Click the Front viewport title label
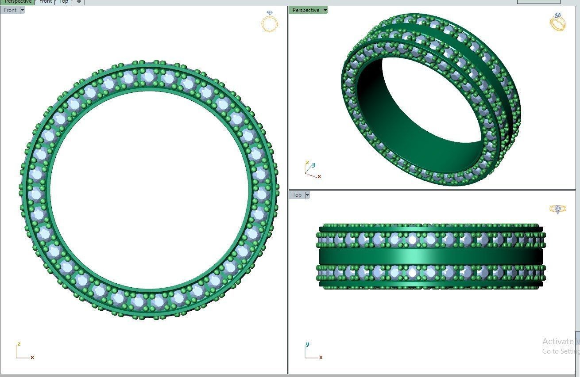[x=10, y=10]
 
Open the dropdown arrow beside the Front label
[x=22, y=10]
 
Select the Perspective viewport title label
[x=305, y=10]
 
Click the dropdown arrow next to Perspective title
[x=325, y=10]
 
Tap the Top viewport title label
[x=297, y=195]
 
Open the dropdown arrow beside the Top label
[x=307, y=195]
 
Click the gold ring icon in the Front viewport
[x=270, y=22]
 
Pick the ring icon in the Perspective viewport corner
[x=557, y=22]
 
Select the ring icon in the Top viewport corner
[x=557, y=209]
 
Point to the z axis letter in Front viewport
[x=19, y=344]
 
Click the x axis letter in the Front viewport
[x=32, y=357]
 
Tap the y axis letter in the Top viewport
[x=307, y=344]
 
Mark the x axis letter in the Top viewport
[x=321, y=357]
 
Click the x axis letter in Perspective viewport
[x=319, y=176]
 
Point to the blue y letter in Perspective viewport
[x=313, y=165]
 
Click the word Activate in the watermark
[x=557, y=341]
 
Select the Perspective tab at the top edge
[x=18, y=2]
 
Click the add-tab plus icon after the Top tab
[x=79, y=2]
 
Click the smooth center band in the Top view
[x=429, y=256]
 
